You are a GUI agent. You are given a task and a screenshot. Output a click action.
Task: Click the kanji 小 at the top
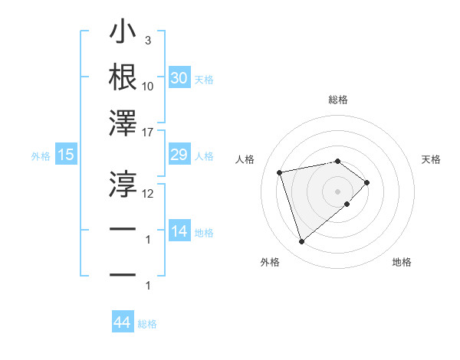tap(123, 34)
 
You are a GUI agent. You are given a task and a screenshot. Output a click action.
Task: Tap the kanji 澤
tap(123, 123)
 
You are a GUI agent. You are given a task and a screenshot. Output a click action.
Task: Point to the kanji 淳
tap(123, 182)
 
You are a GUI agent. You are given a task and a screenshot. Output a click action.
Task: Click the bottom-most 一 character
tap(123, 273)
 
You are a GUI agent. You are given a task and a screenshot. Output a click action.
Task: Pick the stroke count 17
tap(148, 132)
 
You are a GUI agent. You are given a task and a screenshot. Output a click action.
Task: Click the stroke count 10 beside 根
tap(148, 86)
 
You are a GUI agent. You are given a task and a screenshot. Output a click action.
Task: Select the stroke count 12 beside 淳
tap(148, 193)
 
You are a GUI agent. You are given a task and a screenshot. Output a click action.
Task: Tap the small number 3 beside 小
tap(147, 40)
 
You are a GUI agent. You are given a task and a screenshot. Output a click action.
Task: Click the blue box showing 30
tap(179, 78)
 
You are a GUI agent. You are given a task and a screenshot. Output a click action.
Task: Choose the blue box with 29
tap(179, 155)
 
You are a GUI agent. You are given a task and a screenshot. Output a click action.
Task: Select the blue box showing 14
tap(179, 231)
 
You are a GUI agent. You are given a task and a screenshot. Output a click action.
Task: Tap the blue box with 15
tap(66, 155)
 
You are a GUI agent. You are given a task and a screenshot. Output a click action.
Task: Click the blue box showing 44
tap(122, 322)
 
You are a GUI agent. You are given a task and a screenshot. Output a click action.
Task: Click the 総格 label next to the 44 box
tap(147, 324)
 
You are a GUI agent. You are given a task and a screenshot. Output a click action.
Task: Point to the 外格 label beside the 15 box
tap(41, 156)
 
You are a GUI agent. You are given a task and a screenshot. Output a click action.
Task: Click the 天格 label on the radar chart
tap(432, 159)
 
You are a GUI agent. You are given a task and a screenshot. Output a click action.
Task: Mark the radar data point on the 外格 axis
tap(302, 242)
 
